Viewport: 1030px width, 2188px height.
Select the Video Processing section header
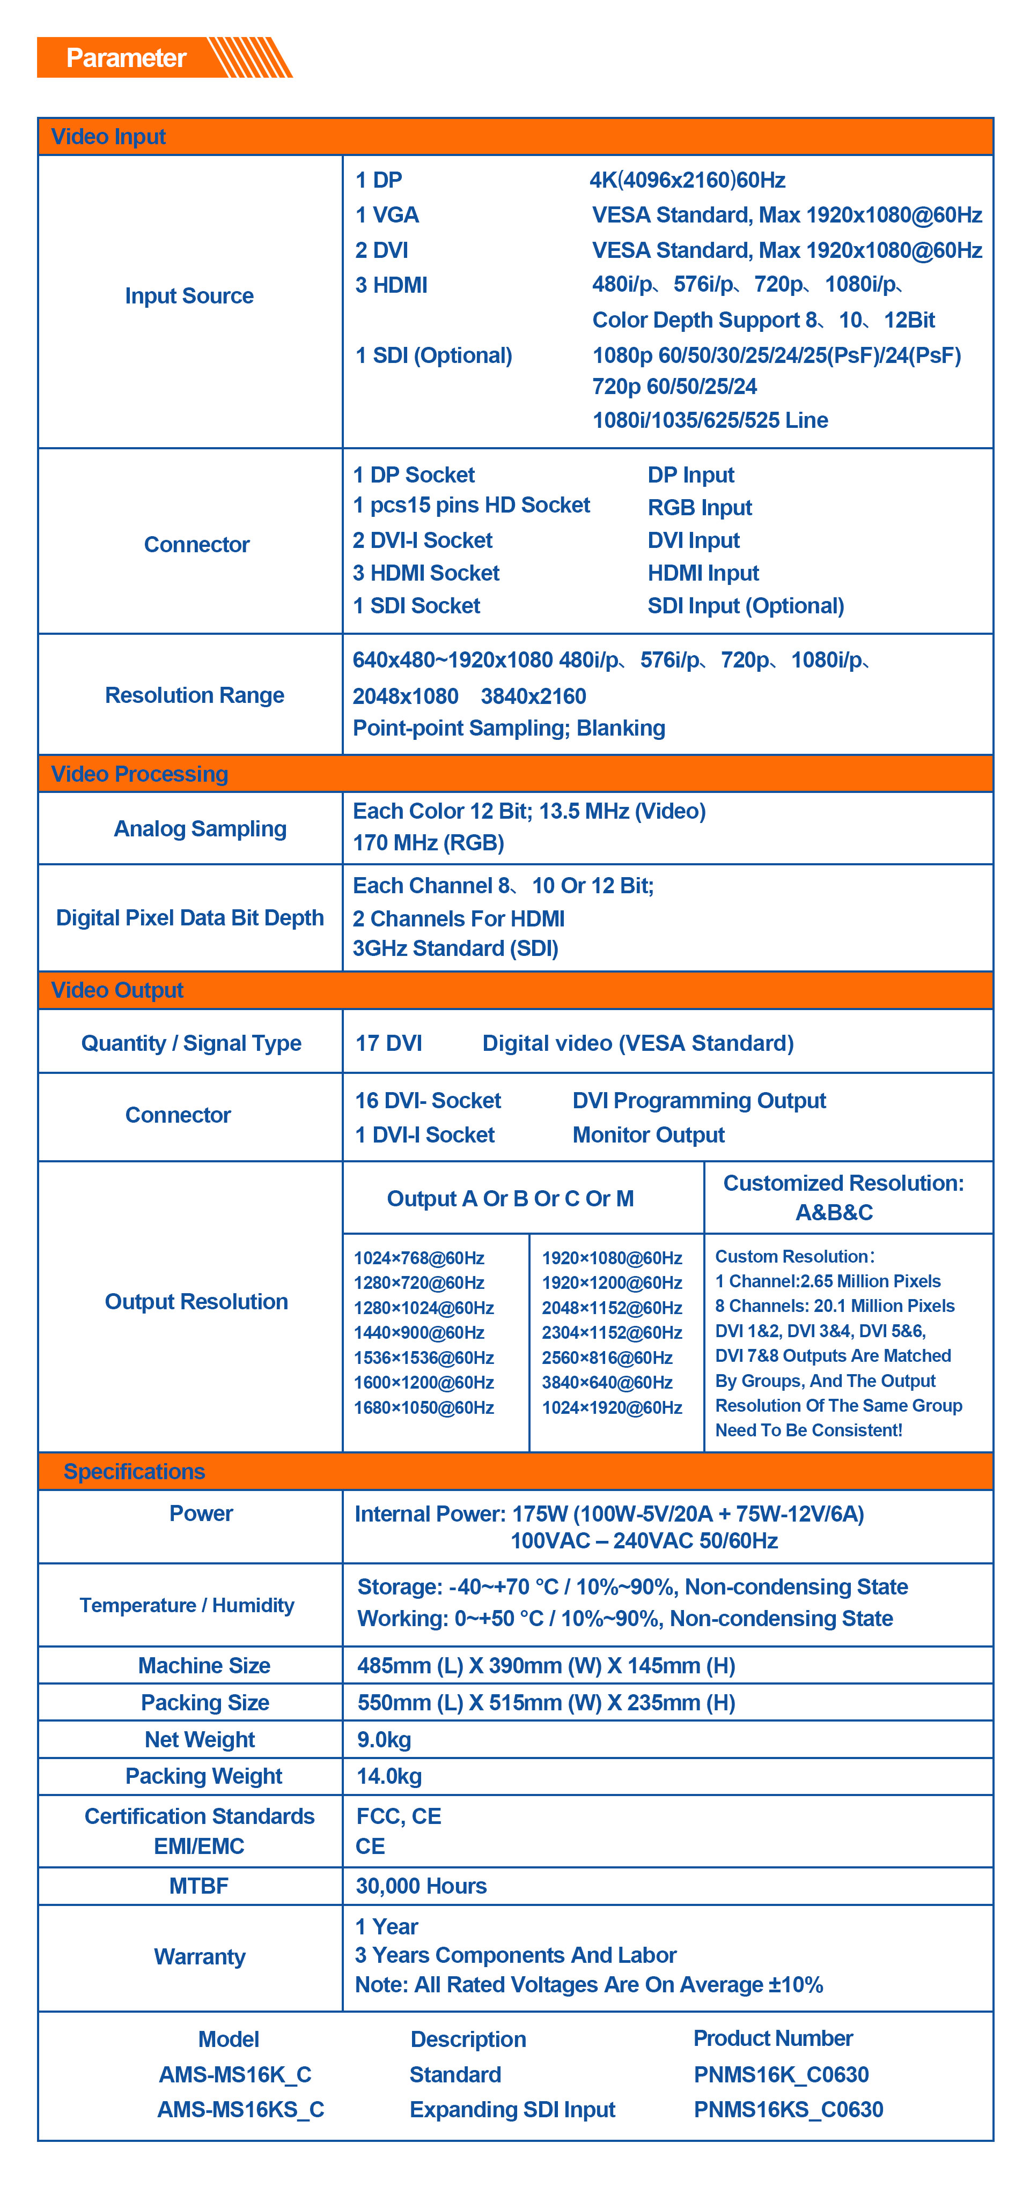pos(139,774)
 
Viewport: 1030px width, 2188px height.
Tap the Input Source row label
pos(189,295)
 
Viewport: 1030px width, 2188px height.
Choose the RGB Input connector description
pos(700,507)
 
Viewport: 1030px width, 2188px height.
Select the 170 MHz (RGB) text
pos(428,843)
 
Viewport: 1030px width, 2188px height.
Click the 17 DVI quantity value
pos(388,1043)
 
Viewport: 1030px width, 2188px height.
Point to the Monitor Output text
pos(649,1135)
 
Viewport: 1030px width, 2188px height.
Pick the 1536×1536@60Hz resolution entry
pos(423,1358)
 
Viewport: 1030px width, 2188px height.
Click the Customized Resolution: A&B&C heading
pos(843,1198)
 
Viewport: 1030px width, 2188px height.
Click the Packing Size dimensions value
pos(546,1702)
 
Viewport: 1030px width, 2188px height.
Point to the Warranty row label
pos(200,1957)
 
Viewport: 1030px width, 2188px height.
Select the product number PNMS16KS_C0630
pos(788,2109)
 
